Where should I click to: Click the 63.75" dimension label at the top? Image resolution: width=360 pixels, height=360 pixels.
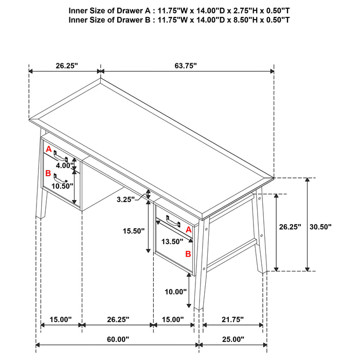[186, 66]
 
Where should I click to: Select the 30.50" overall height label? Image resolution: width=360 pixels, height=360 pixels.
[320, 227]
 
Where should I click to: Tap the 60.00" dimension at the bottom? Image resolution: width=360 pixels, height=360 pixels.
[118, 339]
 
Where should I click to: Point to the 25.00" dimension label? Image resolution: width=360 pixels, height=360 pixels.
[233, 339]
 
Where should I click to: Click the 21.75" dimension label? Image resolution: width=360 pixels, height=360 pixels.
[232, 319]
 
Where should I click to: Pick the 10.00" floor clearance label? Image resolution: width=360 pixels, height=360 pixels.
[176, 292]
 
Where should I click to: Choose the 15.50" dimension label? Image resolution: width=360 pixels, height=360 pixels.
[134, 231]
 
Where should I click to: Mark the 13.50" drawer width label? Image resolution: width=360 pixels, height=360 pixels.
[172, 242]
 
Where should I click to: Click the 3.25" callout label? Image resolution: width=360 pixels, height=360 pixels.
[125, 200]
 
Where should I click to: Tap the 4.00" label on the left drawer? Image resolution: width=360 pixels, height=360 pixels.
[65, 165]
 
